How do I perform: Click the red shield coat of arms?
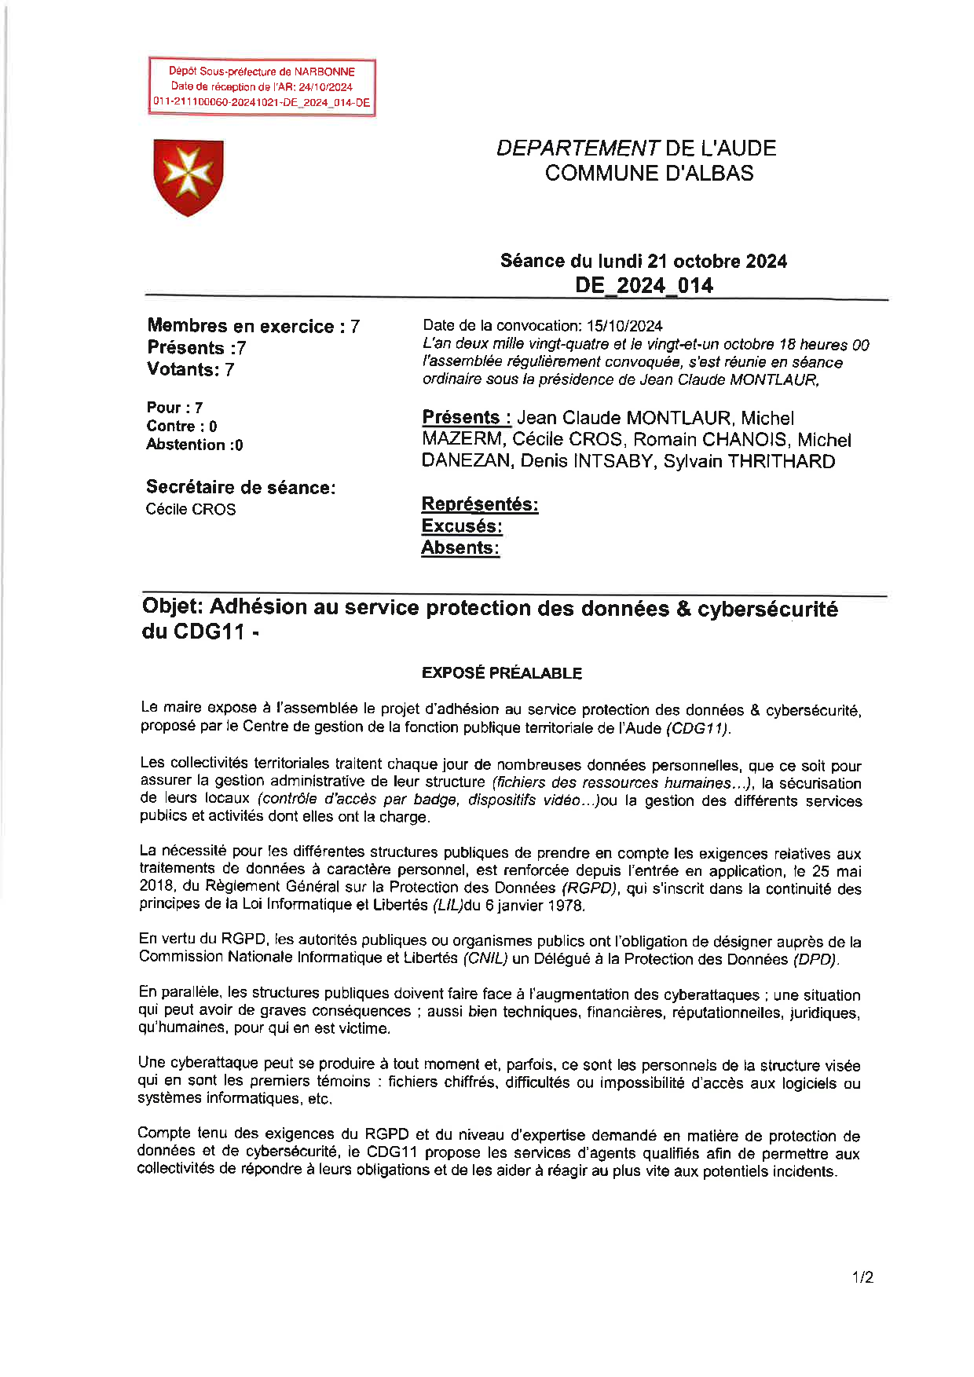(x=189, y=177)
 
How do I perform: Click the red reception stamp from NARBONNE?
(x=262, y=87)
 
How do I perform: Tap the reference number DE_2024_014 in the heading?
(x=643, y=285)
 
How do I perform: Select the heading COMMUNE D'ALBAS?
(x=649, y=173)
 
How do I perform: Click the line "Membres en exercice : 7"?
(x=253, y=326)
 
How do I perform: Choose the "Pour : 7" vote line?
(x=174, y=408)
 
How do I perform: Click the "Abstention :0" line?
(x=194, y=445)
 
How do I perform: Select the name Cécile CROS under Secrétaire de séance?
(x=191, y=509)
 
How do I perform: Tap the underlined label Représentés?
(x=480, y=504)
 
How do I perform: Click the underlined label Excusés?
(x=462, y=526)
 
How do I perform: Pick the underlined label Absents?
(x=460, y=548)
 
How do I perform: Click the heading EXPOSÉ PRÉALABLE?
(x=501, y=673)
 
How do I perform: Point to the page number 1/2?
(x=862, y=1277)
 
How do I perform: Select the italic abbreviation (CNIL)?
(x=485, y=958)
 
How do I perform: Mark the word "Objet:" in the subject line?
(x=173, y=607)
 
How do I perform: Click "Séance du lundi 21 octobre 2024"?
(x=643, y=261)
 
